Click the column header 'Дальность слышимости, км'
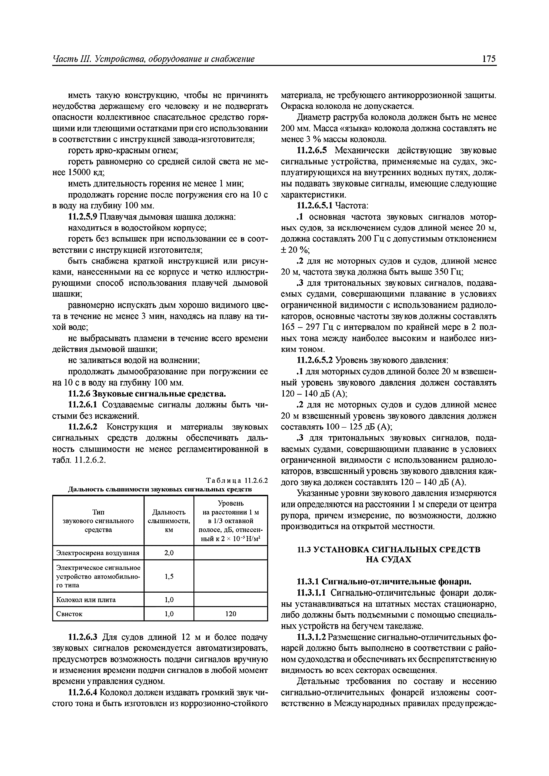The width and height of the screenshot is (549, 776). click(169, 521)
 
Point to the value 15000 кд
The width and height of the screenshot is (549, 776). click(86, 172)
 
